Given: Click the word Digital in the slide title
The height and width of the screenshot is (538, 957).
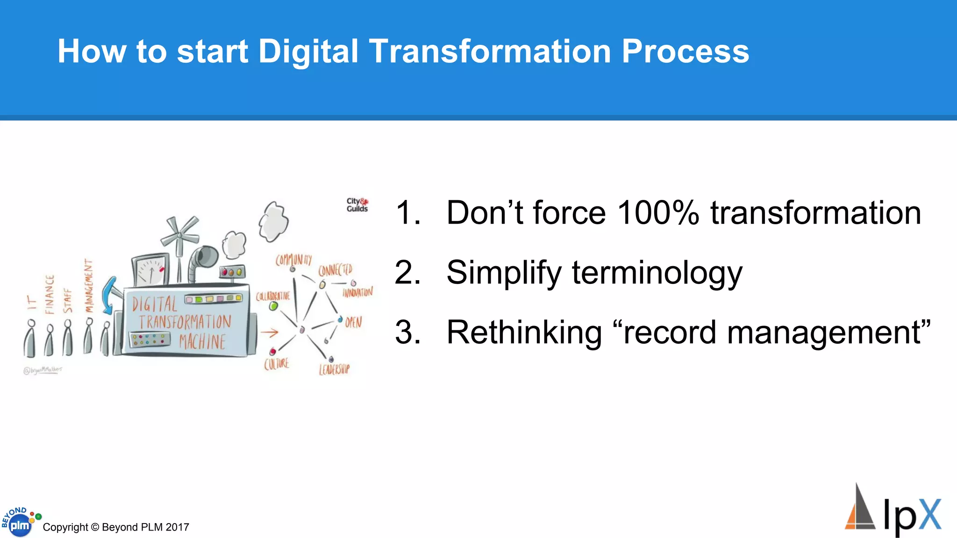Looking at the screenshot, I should pos(308,51).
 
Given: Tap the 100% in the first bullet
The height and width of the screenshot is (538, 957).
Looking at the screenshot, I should pos(658,213).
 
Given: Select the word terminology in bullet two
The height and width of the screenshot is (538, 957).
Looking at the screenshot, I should pos(657,273).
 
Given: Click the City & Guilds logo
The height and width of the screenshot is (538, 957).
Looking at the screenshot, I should pos(357,205).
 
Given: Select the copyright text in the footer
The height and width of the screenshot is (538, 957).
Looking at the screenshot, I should pos(116,527).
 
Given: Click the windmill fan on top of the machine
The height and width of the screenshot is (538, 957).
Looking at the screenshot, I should pos(179,234).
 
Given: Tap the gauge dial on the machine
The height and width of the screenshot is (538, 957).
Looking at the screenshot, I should pos(150,270).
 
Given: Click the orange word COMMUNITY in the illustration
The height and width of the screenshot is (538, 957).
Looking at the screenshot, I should pos(293,260).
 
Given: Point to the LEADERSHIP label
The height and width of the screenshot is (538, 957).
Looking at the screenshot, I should pos(334,369).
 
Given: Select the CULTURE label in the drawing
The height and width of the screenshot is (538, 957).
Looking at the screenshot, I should pos(277,364).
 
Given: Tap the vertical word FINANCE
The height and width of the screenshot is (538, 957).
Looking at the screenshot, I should pos(50,294).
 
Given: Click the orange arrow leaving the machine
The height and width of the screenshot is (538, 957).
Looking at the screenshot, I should pos(269,333).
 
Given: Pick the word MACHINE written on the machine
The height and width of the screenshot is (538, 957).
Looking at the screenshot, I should pos(202,341).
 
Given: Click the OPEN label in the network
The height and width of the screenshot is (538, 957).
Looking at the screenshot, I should pos(354,322).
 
